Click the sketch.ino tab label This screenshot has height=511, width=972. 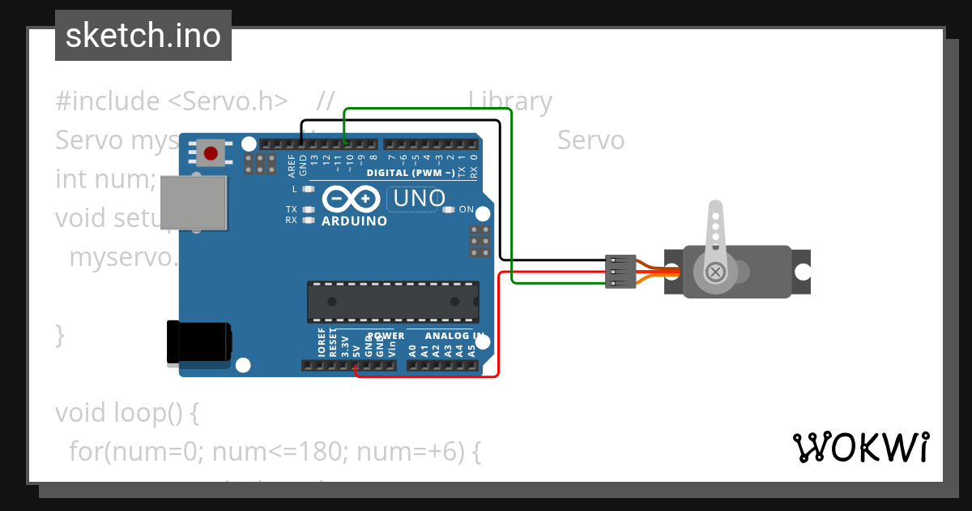(x=143, y=36)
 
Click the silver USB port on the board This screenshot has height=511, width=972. (x=193, y=202)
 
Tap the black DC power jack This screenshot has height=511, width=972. (x=198, y=341)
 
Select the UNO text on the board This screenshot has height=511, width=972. (x=417, y=198)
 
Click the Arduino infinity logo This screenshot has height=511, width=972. (x=352, y=199)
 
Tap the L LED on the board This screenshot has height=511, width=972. (x=307, y=189)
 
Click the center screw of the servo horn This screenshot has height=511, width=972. (x=715, y=272)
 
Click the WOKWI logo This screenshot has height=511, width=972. (x=860, y=447)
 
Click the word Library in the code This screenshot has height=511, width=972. (x=509, y=101)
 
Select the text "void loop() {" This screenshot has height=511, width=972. (x=126, y=413)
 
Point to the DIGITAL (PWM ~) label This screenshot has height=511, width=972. (x=411, y=173)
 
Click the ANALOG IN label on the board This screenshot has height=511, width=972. (x=454, y=336)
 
